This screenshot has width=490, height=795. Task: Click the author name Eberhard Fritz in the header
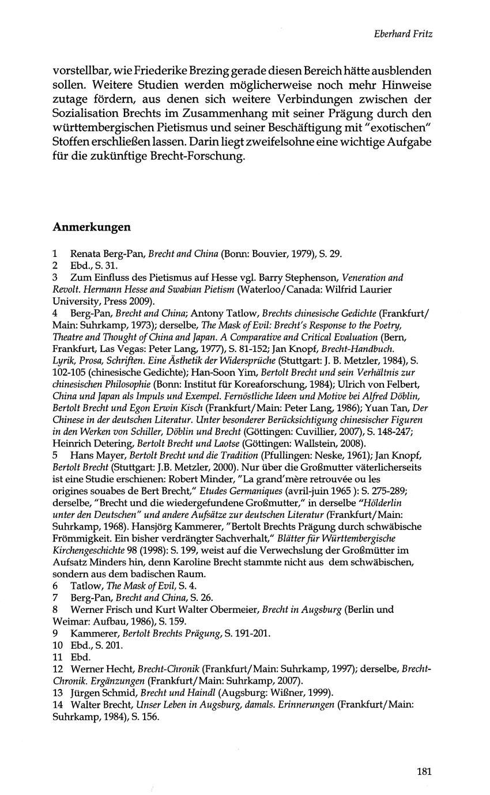403,34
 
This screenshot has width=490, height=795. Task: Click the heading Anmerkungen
92,227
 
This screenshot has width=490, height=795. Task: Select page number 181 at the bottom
424,772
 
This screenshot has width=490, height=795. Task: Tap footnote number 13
57,692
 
